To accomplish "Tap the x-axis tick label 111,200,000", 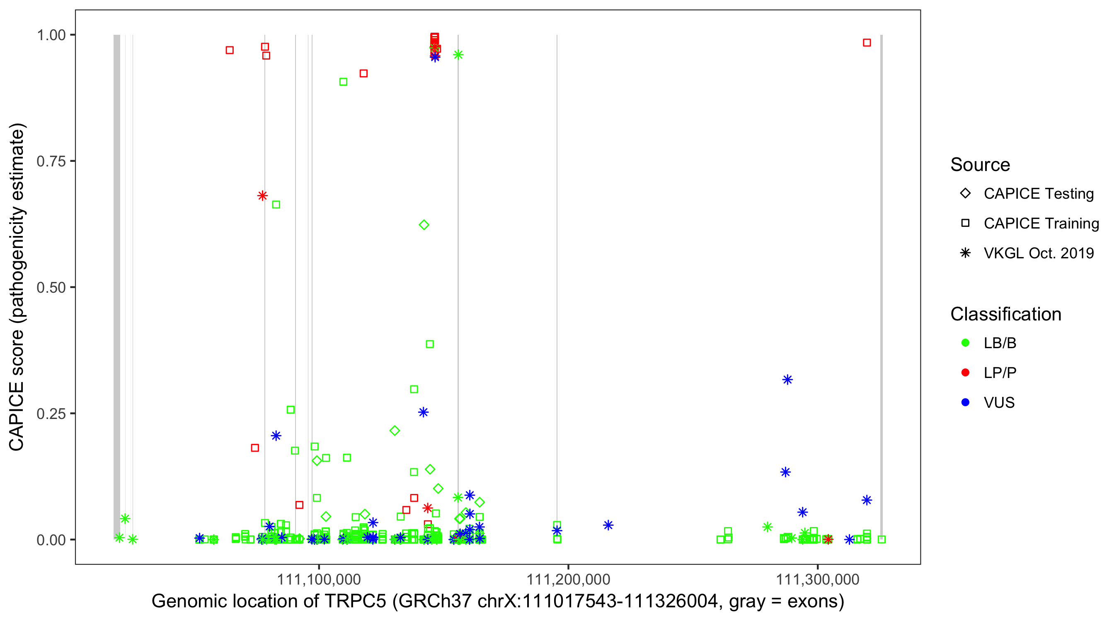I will [568, 579].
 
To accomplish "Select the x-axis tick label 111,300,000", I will [818, 579].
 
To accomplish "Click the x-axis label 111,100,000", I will [319, 579].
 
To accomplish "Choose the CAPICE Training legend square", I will [965, 224].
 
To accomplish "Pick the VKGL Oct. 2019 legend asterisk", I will [965, 253].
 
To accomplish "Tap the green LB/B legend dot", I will [965, 343].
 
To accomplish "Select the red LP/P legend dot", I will [965, 373].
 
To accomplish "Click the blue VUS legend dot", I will [965, 402].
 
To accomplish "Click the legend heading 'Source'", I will [980, 165].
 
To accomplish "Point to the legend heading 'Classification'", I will [1005, 314].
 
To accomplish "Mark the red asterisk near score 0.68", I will [262, 196].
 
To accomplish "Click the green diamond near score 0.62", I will [424, 225].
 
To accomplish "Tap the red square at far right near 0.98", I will [867, 43].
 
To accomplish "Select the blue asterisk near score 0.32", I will [787, 380].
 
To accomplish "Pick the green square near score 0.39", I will [430, 344].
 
